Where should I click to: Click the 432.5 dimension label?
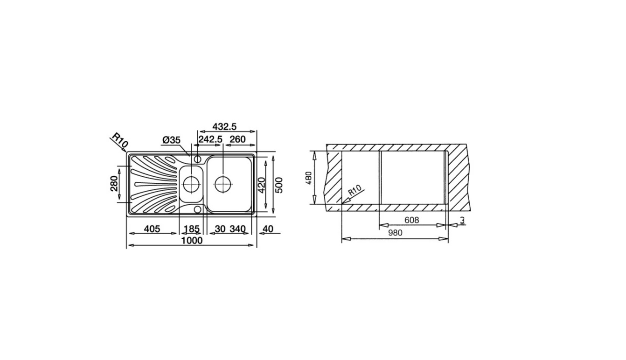[224, 127]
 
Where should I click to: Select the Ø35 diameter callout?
[172, 140]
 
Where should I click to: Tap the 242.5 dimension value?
[210, 139]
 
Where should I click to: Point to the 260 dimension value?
[237, 139]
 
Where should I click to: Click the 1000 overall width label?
[192, 241]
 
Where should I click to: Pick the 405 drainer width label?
[152, 229]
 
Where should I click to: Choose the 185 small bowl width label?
[191, 229]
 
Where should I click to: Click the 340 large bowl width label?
[237, 229]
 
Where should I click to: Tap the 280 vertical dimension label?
[114, 183]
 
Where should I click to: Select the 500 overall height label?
[279, 185]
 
